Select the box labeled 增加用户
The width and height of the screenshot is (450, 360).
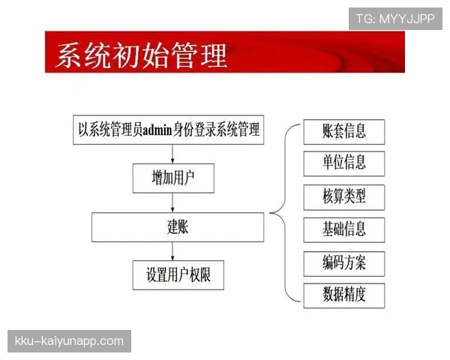coord(172,178)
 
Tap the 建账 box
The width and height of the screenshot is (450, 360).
coord(178,226)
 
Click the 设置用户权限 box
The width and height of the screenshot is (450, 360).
coord(178,275)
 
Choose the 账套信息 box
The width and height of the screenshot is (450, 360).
coord(344,131)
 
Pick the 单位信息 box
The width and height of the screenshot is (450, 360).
coord(344,163)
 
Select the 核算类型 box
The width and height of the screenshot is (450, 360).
coord(344,196)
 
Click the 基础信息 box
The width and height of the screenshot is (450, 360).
coord(344,229)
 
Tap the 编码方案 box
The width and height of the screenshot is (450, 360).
coord(344,262)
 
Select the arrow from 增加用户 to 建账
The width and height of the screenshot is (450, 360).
coord(173,202)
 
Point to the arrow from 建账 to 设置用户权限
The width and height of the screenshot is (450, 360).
coord(173,250)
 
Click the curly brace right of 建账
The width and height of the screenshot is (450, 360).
coord(279,214)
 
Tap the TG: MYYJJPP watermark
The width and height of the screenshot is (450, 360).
coord(394,19)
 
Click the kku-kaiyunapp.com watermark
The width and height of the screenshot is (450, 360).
coord(69,341)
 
